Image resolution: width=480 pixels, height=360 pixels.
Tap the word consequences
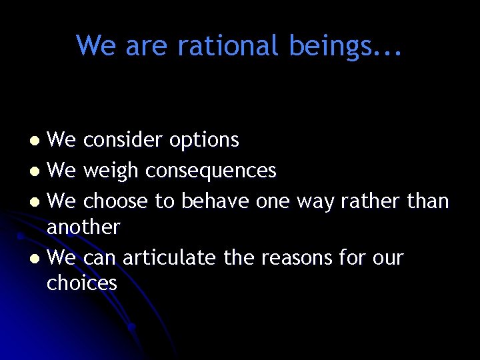coord(211,171)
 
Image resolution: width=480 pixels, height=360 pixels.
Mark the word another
coord(83,227)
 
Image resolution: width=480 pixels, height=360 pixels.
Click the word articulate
coord(169,257)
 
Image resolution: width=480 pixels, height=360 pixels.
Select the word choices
coord(81,283)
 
